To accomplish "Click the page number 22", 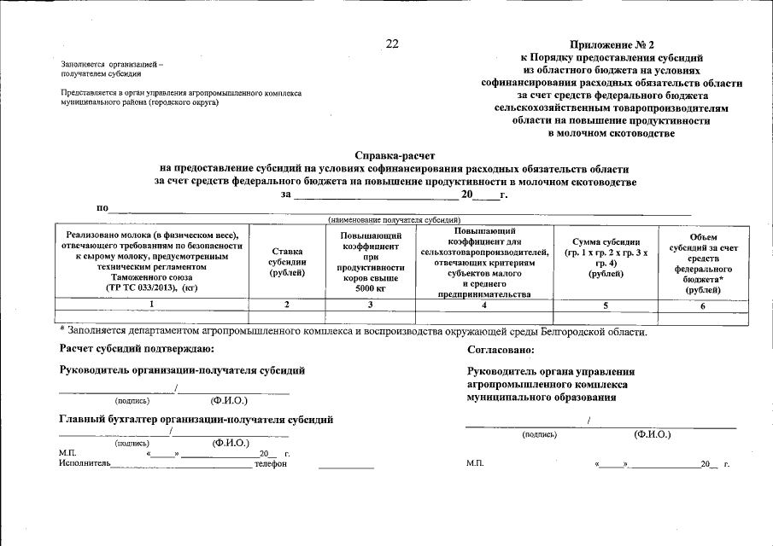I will click(392, 44).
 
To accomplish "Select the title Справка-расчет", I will click(394, 156).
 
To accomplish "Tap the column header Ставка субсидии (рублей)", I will click(287, 261).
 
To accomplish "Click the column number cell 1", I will click(151, 305).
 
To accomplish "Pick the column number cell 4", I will click(483, 305).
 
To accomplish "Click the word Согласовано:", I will click(501, 350).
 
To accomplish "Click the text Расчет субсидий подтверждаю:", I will click(137, 349).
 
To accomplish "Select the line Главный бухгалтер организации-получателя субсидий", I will click(196, 419).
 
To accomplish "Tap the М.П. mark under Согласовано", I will click(475, 463).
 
